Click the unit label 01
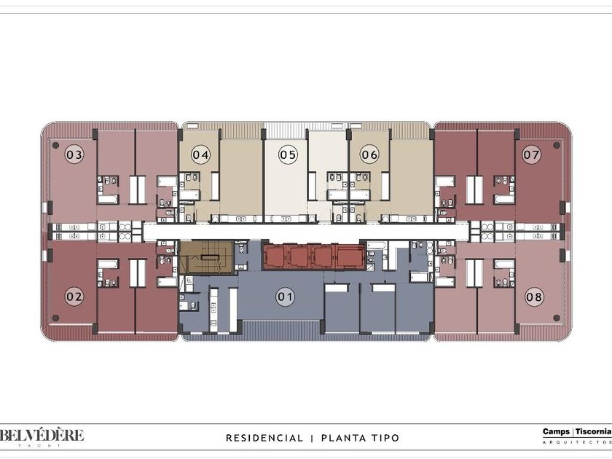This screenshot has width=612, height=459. [285, 297]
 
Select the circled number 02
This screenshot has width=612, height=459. [74, 297]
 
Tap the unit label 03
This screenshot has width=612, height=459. [74, 155]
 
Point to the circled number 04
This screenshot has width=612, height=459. [200, 155]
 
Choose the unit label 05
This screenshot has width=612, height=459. [288, 155]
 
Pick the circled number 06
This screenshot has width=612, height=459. [369, 155]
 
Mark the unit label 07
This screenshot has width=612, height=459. [532, 155]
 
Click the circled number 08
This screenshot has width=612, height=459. [534, 297]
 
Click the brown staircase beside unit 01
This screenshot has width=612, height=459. [206, 257]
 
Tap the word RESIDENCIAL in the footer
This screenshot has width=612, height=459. [264, 438]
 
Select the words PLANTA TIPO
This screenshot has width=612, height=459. [360, 438]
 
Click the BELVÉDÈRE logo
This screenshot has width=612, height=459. [42, 436]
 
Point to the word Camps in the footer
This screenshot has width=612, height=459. [556, 431]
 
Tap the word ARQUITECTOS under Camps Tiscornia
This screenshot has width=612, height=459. [577, 442]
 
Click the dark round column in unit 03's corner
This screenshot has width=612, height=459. [55, 145]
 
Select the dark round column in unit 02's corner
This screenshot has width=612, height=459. [55, 318]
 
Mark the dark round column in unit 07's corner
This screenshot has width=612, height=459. [557, 145]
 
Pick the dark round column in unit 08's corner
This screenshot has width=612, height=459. [557, 318]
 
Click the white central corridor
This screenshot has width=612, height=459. [305, 232]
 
